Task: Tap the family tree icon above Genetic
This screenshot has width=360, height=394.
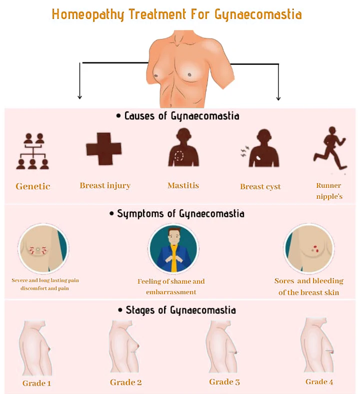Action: [32, 151]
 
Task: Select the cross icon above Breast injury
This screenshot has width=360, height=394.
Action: [103, 149]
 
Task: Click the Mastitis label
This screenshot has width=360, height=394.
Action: [183, 185]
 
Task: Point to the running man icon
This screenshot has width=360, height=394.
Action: [330, 148]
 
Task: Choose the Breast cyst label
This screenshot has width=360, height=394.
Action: [260, 186]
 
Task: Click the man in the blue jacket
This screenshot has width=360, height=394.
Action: [173, 250]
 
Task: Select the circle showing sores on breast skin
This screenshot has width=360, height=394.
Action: [308, 249]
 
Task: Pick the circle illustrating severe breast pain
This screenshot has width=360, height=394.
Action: [43, 249]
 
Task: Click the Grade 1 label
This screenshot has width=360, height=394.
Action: [36, 383]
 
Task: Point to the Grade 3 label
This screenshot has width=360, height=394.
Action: [224, 382]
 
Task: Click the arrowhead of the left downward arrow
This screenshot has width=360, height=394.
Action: [79, 97]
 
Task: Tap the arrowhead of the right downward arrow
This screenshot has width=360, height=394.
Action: [278, 98]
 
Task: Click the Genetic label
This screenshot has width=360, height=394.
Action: [33, 186]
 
